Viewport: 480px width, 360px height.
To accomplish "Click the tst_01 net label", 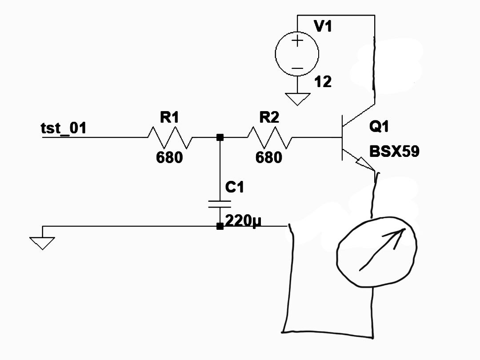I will tap(63, 128).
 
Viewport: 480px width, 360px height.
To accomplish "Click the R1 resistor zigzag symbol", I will tap(170, 137).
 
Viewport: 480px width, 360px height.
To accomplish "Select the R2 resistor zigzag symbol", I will tap(269, 137).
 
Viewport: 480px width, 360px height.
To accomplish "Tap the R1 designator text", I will tap(169, 118).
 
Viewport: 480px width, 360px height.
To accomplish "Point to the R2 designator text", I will tap(269, 118).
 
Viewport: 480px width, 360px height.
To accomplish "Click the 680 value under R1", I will tap(169, 157).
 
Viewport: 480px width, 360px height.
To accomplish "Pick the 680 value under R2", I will tap(269, 157).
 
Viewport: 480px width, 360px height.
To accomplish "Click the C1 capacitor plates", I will tap(220, 204).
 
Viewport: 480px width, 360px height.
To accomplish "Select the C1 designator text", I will tap(235, 188).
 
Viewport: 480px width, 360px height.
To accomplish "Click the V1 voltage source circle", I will tap(297, 54).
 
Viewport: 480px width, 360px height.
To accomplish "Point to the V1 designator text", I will tap(323, 27).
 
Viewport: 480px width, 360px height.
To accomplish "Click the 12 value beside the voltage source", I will tap(323, 82).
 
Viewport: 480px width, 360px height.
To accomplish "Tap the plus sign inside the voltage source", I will tap(297, 41).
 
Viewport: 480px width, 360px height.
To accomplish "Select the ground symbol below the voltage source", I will tap(297, 99).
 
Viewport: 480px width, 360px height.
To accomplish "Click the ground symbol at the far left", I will tap(43, 243).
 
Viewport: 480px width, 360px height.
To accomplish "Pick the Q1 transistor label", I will tap(379, 127).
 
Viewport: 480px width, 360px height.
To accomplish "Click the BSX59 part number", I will tap(394, 152).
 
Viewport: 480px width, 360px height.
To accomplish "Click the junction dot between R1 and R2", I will tap(220, 137).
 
